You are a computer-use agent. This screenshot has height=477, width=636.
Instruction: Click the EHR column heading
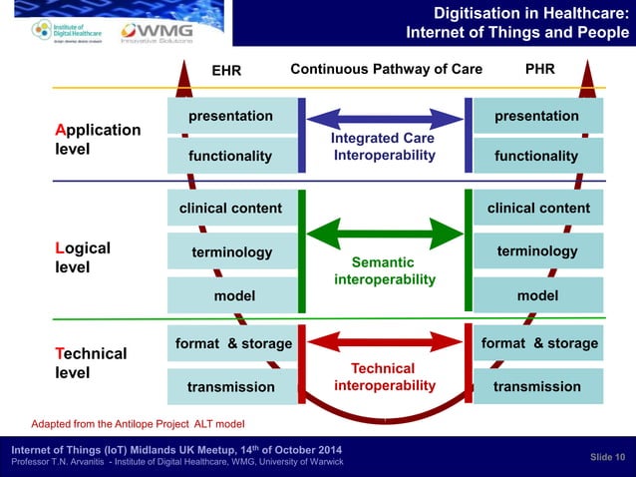[x=227, y=71]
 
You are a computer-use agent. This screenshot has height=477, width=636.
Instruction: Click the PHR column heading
[x=539, y=70]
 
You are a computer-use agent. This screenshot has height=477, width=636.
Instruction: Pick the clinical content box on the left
[x=231, y=209]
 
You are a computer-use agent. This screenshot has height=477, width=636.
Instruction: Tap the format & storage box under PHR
[x=539, y=343]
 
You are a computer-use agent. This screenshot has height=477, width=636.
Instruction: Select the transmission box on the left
[x=231, y=386]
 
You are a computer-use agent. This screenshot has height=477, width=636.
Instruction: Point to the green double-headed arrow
[x=385, y=236]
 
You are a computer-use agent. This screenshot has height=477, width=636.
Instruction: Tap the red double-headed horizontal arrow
[x=385, y=345]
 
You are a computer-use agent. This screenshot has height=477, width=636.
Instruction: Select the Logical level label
[x=83, y=256]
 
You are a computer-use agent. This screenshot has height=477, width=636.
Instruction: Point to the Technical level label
[x=91, y=363]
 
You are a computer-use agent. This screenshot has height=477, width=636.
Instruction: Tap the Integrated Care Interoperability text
[x=384, y=147]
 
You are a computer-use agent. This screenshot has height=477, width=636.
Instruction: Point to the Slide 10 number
[x=607, y=456]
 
